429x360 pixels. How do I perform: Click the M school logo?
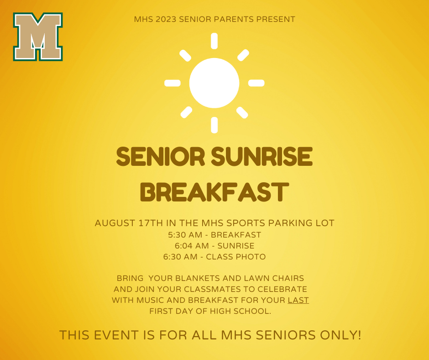tap(38, 37)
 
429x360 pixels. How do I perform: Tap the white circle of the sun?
tap(214, 83)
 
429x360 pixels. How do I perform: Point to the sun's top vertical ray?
tap(214, 41)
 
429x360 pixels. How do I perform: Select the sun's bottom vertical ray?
tap(214, 125)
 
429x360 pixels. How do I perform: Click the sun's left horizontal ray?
tap(173, 83)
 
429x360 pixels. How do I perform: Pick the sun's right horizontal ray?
tap(256, 83)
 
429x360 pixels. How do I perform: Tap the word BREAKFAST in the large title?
tap(214, 192)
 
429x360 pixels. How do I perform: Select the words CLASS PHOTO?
tap(236, 257)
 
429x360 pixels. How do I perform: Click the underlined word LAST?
tap(298, 300)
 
